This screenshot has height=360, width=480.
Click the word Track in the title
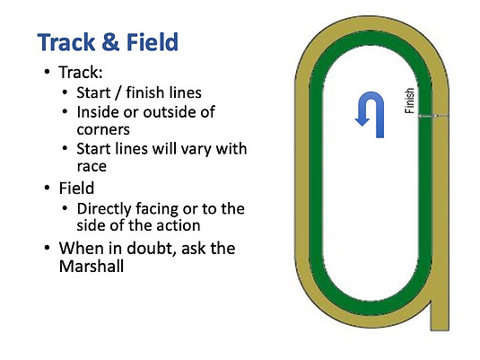[x=66, y=42]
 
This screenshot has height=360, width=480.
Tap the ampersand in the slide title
[x=110, y=42]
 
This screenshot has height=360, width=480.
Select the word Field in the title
[x=153, y=41]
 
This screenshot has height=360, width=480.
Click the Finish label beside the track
[x=410, y=101]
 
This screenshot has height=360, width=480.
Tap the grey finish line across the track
[x=433, y=116]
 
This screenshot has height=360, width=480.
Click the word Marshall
[x=92, y=266]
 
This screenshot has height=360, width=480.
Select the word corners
[x=103, y=130]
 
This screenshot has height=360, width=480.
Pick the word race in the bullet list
[x=92, y=167]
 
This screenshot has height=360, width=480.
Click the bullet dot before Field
[x=47, y=188]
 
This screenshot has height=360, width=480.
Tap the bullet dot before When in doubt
[x=47, y=247]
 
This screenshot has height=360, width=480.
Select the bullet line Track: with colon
[x=81, y=73]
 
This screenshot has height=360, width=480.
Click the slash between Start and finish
[x=118, y=92]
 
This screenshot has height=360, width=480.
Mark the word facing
[x=156, y=209]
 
